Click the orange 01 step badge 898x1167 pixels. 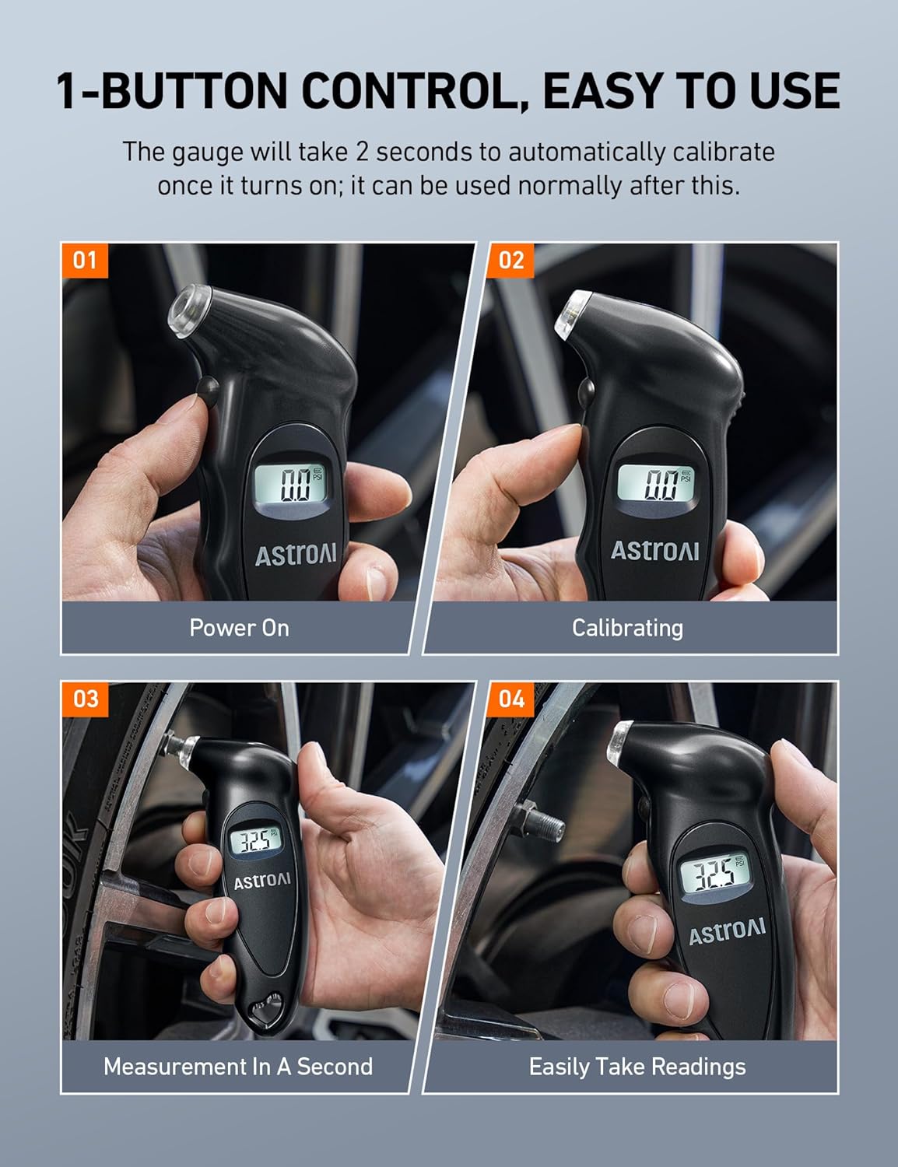tap(84, 260)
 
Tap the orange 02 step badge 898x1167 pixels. tap(511, 260)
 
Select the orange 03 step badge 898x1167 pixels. tap(85, 698)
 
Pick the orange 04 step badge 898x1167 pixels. tap(511, 698)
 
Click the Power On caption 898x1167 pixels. tap(239, 628)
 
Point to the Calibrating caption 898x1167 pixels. tap(627, 628)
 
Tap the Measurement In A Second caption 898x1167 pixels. tap(238, 1066)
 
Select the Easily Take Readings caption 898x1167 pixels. tap(637, 1066)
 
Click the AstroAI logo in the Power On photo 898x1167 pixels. tap(296, 554)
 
